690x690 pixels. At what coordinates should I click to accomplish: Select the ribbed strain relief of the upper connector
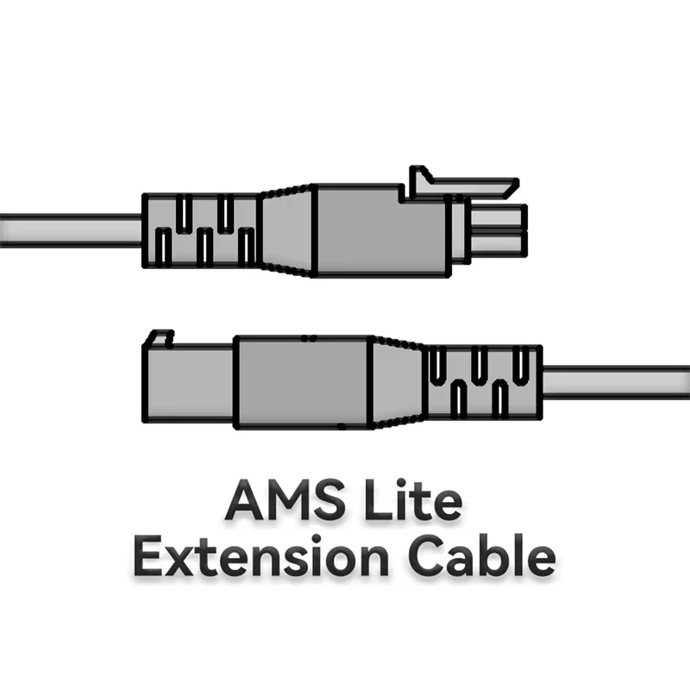(x=200, y=230)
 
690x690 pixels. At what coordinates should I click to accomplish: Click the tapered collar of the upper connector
(x=285, y=230)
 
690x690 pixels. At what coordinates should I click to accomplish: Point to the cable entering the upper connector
(x=69, y=229)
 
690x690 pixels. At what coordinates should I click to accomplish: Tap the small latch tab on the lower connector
(x=160, y=338)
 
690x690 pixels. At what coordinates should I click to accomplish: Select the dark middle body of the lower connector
(x=302, y=381)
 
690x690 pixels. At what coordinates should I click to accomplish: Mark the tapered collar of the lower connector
(x=398, y=381)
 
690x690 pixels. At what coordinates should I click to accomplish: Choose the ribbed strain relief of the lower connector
(x=483, y=381)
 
